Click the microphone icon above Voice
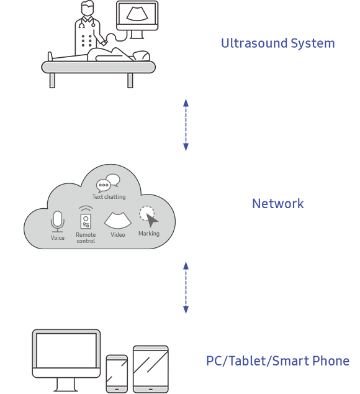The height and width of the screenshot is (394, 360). coord(58,221)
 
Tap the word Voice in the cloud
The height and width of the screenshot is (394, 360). coord(58,238)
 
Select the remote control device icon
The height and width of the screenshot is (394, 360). coord(86,221)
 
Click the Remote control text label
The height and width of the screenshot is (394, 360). coord(86,238)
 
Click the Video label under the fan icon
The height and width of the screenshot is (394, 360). coord(118,235)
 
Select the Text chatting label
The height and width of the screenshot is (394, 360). coord(109,197)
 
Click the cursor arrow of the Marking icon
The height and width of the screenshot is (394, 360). coord(151,221)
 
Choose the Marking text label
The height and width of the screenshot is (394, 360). coord(149,234)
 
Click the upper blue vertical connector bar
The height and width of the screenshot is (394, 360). coord(186,125)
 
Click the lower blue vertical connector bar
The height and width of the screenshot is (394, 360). coord(186,288)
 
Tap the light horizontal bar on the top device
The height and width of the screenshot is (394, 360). coord(98,67)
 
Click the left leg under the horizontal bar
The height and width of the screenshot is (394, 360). coord(52,80)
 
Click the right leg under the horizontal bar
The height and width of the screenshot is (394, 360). coord(130,80)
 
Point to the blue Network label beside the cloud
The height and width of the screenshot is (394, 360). coord(277,204)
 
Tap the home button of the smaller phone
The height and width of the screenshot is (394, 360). coord(117,390)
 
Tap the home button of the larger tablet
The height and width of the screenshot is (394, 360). coord(151,390)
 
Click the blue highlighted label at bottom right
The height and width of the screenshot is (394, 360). coord(277,361)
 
